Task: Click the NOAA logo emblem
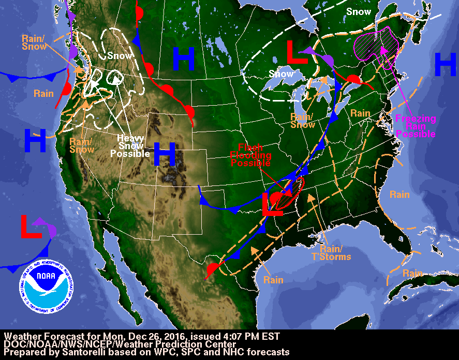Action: pyautogui.click(x=46, y=282)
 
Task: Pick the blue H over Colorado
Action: pyautogui.click(x=165, y=154)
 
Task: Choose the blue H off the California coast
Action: pyautogui.click(x=35, y=140)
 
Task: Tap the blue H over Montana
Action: pyautogui.click(x=184, y=59)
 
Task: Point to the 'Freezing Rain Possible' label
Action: pyautogui.click(x=416, y=126)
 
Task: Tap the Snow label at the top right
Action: pyautogui.click(x=359, y=11)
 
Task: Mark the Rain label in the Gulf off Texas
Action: pyautogui.click(x=273, y=280)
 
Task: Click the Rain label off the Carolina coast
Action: pyautogui.click(x=399, y=195)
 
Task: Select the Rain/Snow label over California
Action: pyautogui.click(x=81, y=146)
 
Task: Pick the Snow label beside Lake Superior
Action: pyautogui.click(x=281, y=74)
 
